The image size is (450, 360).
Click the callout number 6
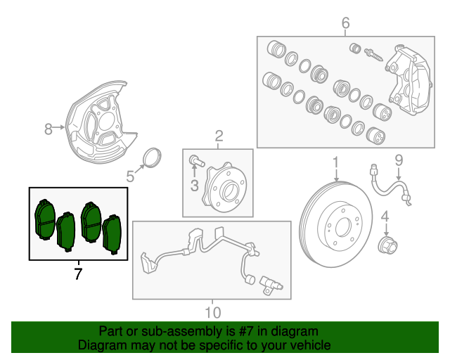click(345, 25)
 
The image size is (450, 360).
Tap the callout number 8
click(49, 129)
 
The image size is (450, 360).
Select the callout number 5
click(130, 176)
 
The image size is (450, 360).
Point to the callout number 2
click(219, 135)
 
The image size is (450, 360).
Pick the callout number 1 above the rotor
click(336, 162)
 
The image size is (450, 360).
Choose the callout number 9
click(398, 161)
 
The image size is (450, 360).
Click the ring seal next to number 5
click(152, 157)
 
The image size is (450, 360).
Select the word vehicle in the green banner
click(308, 345)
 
